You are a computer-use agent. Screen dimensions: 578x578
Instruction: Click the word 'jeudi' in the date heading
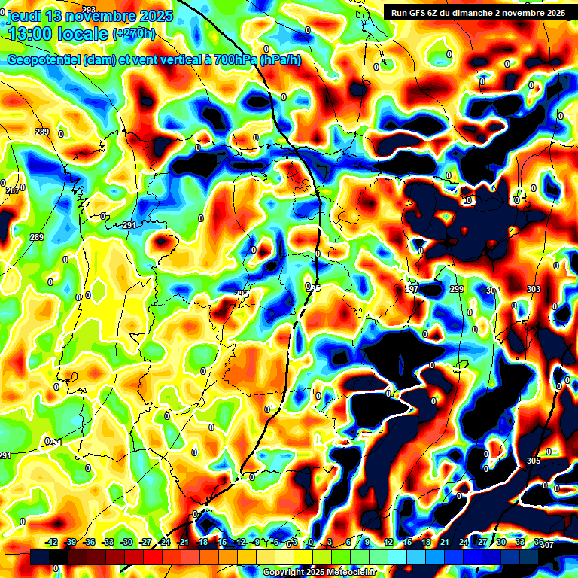click(24, 16)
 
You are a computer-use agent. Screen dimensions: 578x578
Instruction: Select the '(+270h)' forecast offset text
click(134, 34)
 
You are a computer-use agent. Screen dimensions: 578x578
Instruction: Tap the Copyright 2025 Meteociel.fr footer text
click(319, 573)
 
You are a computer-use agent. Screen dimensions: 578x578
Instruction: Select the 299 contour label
click(456, 290)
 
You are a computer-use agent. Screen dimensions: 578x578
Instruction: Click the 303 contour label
click(533, 290)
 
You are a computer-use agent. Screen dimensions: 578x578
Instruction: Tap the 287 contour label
click(13, 190)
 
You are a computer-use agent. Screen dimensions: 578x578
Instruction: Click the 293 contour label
click(89, 9)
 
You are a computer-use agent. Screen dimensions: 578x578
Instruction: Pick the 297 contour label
click(411, 290)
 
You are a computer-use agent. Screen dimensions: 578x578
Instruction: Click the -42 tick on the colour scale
click(52, 542)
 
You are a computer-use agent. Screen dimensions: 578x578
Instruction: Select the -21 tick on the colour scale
click(183, 542)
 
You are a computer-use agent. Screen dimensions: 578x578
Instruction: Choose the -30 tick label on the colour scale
click(126, 542)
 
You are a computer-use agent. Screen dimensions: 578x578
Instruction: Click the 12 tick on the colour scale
click(388, 542)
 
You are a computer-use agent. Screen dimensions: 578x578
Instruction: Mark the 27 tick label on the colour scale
click(482, 542)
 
